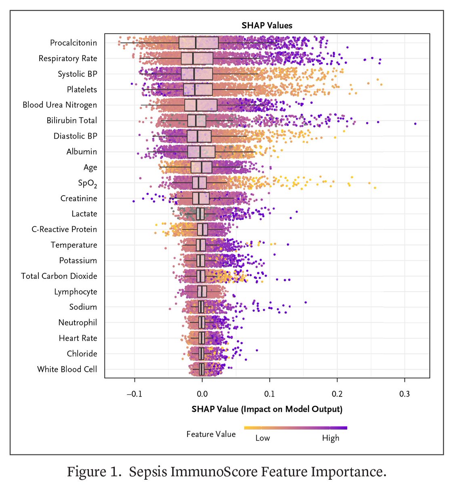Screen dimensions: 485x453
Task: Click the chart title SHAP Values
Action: [267, 25]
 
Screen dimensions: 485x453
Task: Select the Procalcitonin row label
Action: [73, 43]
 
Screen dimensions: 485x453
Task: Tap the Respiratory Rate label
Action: [67, 59]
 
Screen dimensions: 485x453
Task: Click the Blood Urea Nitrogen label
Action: [59, 105]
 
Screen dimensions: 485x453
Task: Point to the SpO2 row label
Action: [87, 183]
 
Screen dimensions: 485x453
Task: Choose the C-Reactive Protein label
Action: [64, 230]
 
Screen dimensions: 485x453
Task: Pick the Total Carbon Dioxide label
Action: [59, 276]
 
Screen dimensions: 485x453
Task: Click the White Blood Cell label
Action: [67, 369]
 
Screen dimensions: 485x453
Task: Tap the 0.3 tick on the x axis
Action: [405, 394]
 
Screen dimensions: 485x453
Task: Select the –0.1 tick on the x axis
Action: [134, 394]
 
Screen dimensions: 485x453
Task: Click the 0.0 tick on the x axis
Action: [202, 394]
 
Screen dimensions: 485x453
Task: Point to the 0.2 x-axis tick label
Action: [337, 394]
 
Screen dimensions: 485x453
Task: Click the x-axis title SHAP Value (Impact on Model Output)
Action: [267, 409]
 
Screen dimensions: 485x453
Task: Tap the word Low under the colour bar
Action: [263, 438]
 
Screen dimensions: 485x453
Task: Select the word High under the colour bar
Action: [331, 438]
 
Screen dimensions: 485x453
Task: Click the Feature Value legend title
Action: [211, 434]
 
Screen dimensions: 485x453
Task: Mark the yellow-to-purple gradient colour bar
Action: [295, 428]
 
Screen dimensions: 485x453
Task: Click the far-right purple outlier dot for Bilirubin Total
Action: [415, 123]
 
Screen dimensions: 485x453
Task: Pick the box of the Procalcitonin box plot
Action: [198, 43]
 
